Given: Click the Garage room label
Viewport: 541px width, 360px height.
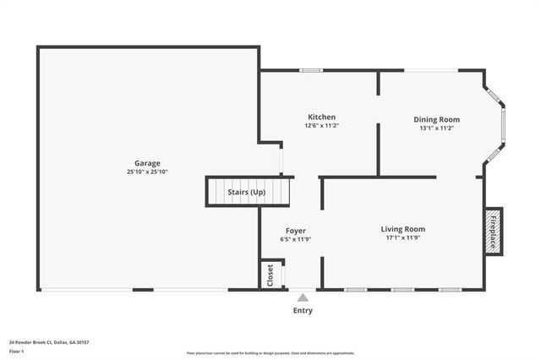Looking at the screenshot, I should (147, 163).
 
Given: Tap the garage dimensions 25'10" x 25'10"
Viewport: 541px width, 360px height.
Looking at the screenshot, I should (147, 172).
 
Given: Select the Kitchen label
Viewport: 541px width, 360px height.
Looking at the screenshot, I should (321, 117).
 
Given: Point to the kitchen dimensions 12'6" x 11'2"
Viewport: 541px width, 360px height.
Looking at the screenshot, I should (321, 126).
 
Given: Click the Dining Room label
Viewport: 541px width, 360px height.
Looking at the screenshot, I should (436, 119).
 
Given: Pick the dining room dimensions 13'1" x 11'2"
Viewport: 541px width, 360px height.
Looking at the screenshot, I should (436, 128).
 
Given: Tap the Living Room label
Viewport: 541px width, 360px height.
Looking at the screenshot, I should (402, 229).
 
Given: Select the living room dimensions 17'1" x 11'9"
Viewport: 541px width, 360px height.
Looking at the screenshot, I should (402, 238).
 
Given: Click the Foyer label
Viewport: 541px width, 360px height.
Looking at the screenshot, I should (295, 231).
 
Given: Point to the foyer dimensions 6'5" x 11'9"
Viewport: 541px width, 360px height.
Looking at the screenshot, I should (295, 239).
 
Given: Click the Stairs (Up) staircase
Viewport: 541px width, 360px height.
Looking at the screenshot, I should (247, 192).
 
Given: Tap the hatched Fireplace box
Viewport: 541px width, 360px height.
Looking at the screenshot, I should (494, 228).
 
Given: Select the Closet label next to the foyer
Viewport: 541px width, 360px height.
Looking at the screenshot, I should (270, 275).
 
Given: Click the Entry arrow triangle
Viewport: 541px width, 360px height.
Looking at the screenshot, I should (303, 297).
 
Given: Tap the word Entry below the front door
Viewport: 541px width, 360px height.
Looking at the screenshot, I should (303, 310).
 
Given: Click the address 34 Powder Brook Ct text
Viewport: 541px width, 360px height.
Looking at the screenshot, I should (49, 342).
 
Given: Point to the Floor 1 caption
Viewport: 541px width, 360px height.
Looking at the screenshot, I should (17, 350).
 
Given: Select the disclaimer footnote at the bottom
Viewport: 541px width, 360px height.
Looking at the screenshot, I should (270, 353).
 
